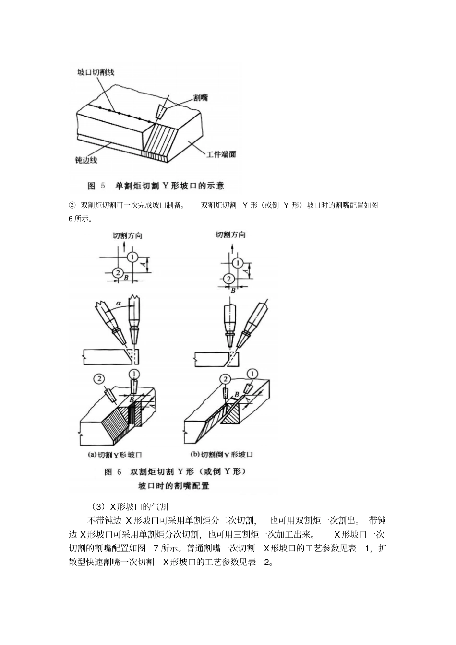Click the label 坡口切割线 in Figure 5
96,72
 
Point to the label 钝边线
86,160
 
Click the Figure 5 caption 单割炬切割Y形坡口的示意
169,185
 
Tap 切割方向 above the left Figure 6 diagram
127,235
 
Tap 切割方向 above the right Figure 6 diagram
230,235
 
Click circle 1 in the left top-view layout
133,257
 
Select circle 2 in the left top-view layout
117,273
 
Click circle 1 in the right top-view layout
237,263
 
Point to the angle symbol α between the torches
118,303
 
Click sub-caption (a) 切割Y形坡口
114,455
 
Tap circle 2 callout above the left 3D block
98,379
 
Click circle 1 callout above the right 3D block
252,374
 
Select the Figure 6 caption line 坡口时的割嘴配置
174,485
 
